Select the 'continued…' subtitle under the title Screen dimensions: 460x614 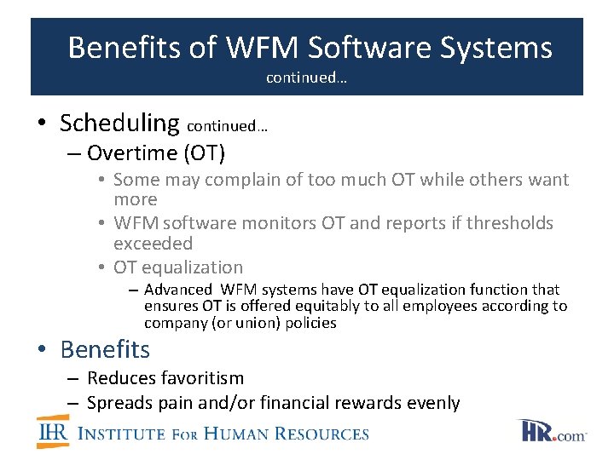click(306, 78)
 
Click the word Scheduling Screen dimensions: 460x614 click(119, 124)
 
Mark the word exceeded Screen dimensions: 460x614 click(153, 244)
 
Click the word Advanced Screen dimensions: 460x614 click(178, 290)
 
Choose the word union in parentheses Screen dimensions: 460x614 click(244, 323)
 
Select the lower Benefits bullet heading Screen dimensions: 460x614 click(105, 349)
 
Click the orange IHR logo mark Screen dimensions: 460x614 click(53, 432)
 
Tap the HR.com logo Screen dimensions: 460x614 click(551, 431)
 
